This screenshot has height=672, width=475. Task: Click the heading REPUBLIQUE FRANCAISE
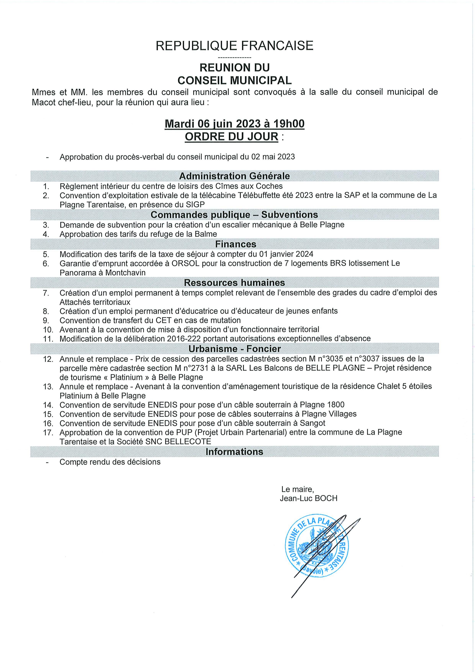point(234,46)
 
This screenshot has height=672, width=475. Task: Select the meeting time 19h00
point(289,124)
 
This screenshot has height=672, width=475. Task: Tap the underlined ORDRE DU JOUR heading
point(232,137)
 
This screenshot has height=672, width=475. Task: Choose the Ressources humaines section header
point(234,283)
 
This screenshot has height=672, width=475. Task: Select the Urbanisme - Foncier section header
point(234,349)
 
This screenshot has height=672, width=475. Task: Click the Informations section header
point(234,452)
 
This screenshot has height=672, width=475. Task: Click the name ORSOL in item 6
point(185,263)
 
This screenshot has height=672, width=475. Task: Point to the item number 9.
point(46,320)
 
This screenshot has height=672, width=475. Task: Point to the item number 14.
point(48,405)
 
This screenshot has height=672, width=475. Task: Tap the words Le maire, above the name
point(297,489)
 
